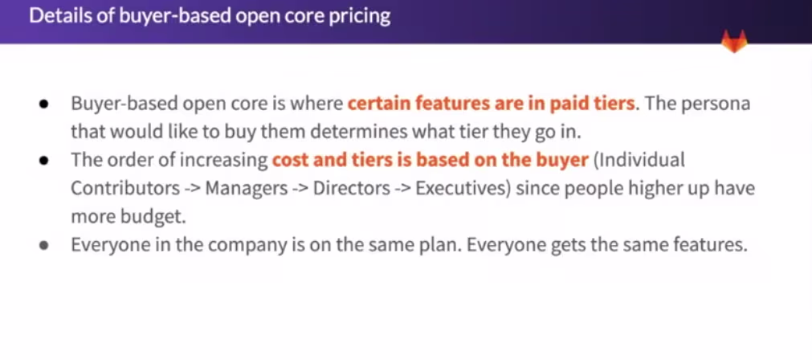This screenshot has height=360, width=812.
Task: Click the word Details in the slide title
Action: (x=56, y=16)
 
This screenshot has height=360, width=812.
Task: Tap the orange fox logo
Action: (x=733, y=41)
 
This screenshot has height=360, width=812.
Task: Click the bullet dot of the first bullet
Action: (x=45, y=104)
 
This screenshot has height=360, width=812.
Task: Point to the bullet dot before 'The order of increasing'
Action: (x=45, y=161)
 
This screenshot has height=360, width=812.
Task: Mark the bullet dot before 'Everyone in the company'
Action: (x=45, y=245)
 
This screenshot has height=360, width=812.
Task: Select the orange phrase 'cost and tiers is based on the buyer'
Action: (x=430, y=159)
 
